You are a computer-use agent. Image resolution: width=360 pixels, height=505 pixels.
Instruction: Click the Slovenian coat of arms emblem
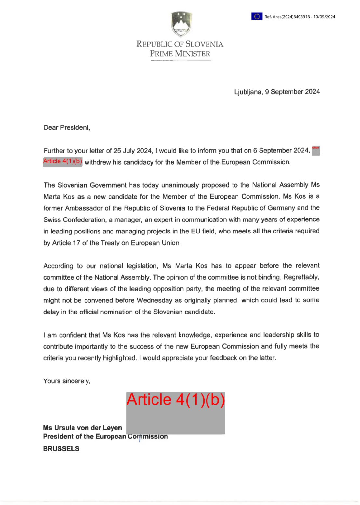click(x=181, y=24)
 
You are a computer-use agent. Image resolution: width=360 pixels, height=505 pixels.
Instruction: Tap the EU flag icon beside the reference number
click(x=257, y=16)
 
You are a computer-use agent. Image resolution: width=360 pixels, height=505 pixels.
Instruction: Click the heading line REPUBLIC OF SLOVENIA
click(x=180, y=44)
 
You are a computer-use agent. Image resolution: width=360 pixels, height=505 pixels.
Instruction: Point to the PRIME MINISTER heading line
click(x=180, y=54)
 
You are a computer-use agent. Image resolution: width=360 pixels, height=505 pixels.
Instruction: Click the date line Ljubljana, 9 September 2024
click(x=277, y=92)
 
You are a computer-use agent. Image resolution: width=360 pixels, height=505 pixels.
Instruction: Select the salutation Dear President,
click(x=67, y=128)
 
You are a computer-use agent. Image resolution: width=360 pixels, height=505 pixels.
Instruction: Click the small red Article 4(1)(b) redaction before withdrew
click(x=62, y=162)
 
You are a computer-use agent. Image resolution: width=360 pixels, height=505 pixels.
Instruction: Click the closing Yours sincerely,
click(x=67, y=381)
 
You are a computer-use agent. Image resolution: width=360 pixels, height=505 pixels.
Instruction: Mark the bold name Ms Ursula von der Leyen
click(x=82, y=428)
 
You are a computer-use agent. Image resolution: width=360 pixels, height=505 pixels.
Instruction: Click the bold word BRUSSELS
click(x=61, y=449)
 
